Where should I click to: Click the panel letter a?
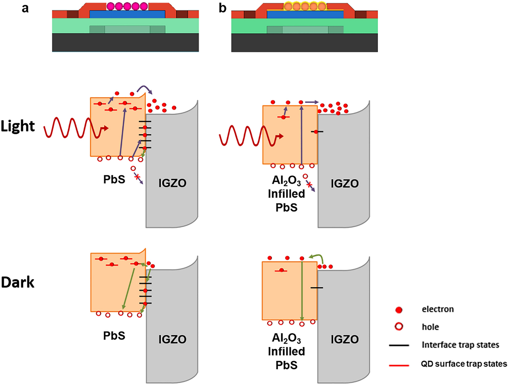point(25,8)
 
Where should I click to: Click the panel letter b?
point(222,8)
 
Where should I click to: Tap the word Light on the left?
point(18,126)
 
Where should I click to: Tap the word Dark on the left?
point(18,282)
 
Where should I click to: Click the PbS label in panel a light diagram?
point(114,179)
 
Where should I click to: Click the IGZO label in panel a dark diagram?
point(172,339)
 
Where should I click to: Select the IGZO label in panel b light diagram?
point(344,183)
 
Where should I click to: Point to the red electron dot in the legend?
point(399,310)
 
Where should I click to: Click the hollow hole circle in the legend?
point(399,327)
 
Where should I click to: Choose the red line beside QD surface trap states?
point(399,365)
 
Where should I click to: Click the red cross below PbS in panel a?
point(137,177)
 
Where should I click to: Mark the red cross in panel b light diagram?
point(309,184)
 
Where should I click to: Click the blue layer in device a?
point(127,14)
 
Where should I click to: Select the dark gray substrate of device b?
point(304,43)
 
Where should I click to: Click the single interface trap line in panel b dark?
point(317,288)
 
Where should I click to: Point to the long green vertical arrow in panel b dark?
point(302,290)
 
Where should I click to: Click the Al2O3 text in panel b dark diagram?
point(286,338)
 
